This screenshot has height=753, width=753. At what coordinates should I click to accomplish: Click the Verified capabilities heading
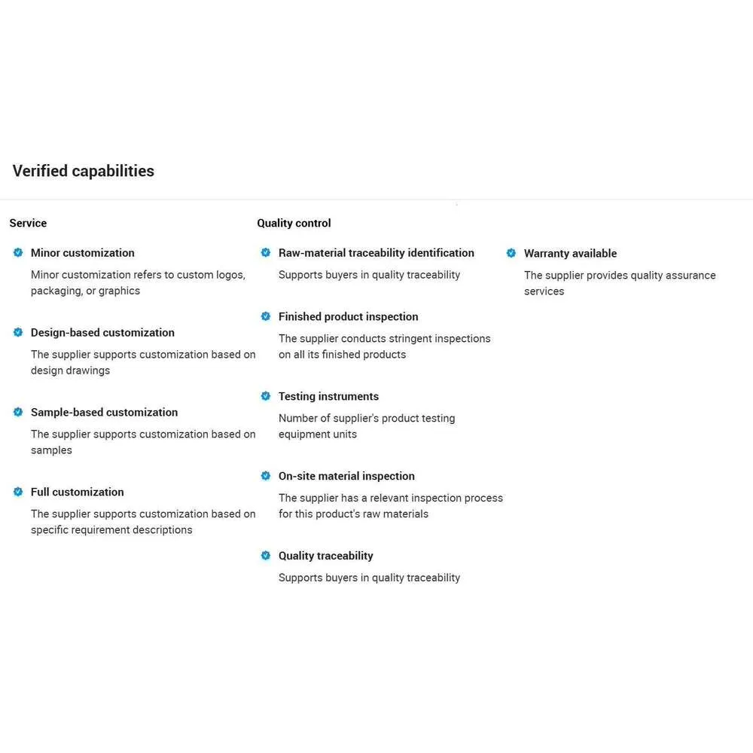pyautogui.click(x=83, y=171)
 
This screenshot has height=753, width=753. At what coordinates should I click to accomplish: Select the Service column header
pyautogui.click(x=28, y=223)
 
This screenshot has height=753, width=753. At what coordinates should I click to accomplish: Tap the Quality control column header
pyautogui.click(x=294, y=223)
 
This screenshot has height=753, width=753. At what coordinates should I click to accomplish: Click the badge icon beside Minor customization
pyautogui.click(x=18, y=252)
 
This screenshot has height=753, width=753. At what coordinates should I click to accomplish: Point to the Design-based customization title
pyautogui.click(x=102, y=332)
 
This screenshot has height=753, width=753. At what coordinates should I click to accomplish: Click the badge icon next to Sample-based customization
pyautogui.click(x=18, y=412)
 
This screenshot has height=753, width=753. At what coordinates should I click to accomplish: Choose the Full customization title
pyautogui.click(x=77, y=492)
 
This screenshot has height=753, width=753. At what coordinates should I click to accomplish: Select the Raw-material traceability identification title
pyautogui.click(x=376, y=253)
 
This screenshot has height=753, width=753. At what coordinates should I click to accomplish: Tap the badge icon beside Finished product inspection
pyautogui.click(x=265, y=316)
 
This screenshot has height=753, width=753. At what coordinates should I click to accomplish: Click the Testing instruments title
pyautogui.click(x=328, y=396)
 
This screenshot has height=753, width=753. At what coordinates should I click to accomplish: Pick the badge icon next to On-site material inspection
pyautogui.click(x=265, y=476)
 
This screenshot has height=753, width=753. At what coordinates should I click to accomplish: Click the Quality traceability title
pyautogui.click(x=325, y=556)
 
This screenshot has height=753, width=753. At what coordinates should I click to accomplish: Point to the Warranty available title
pyautogui.click(x=570, y=254)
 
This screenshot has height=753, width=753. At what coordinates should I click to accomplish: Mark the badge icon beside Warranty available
pyautogui.click(x=511, y=253)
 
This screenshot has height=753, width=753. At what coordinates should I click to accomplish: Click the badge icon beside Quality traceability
pyautogui.click(x=265, y=556)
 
